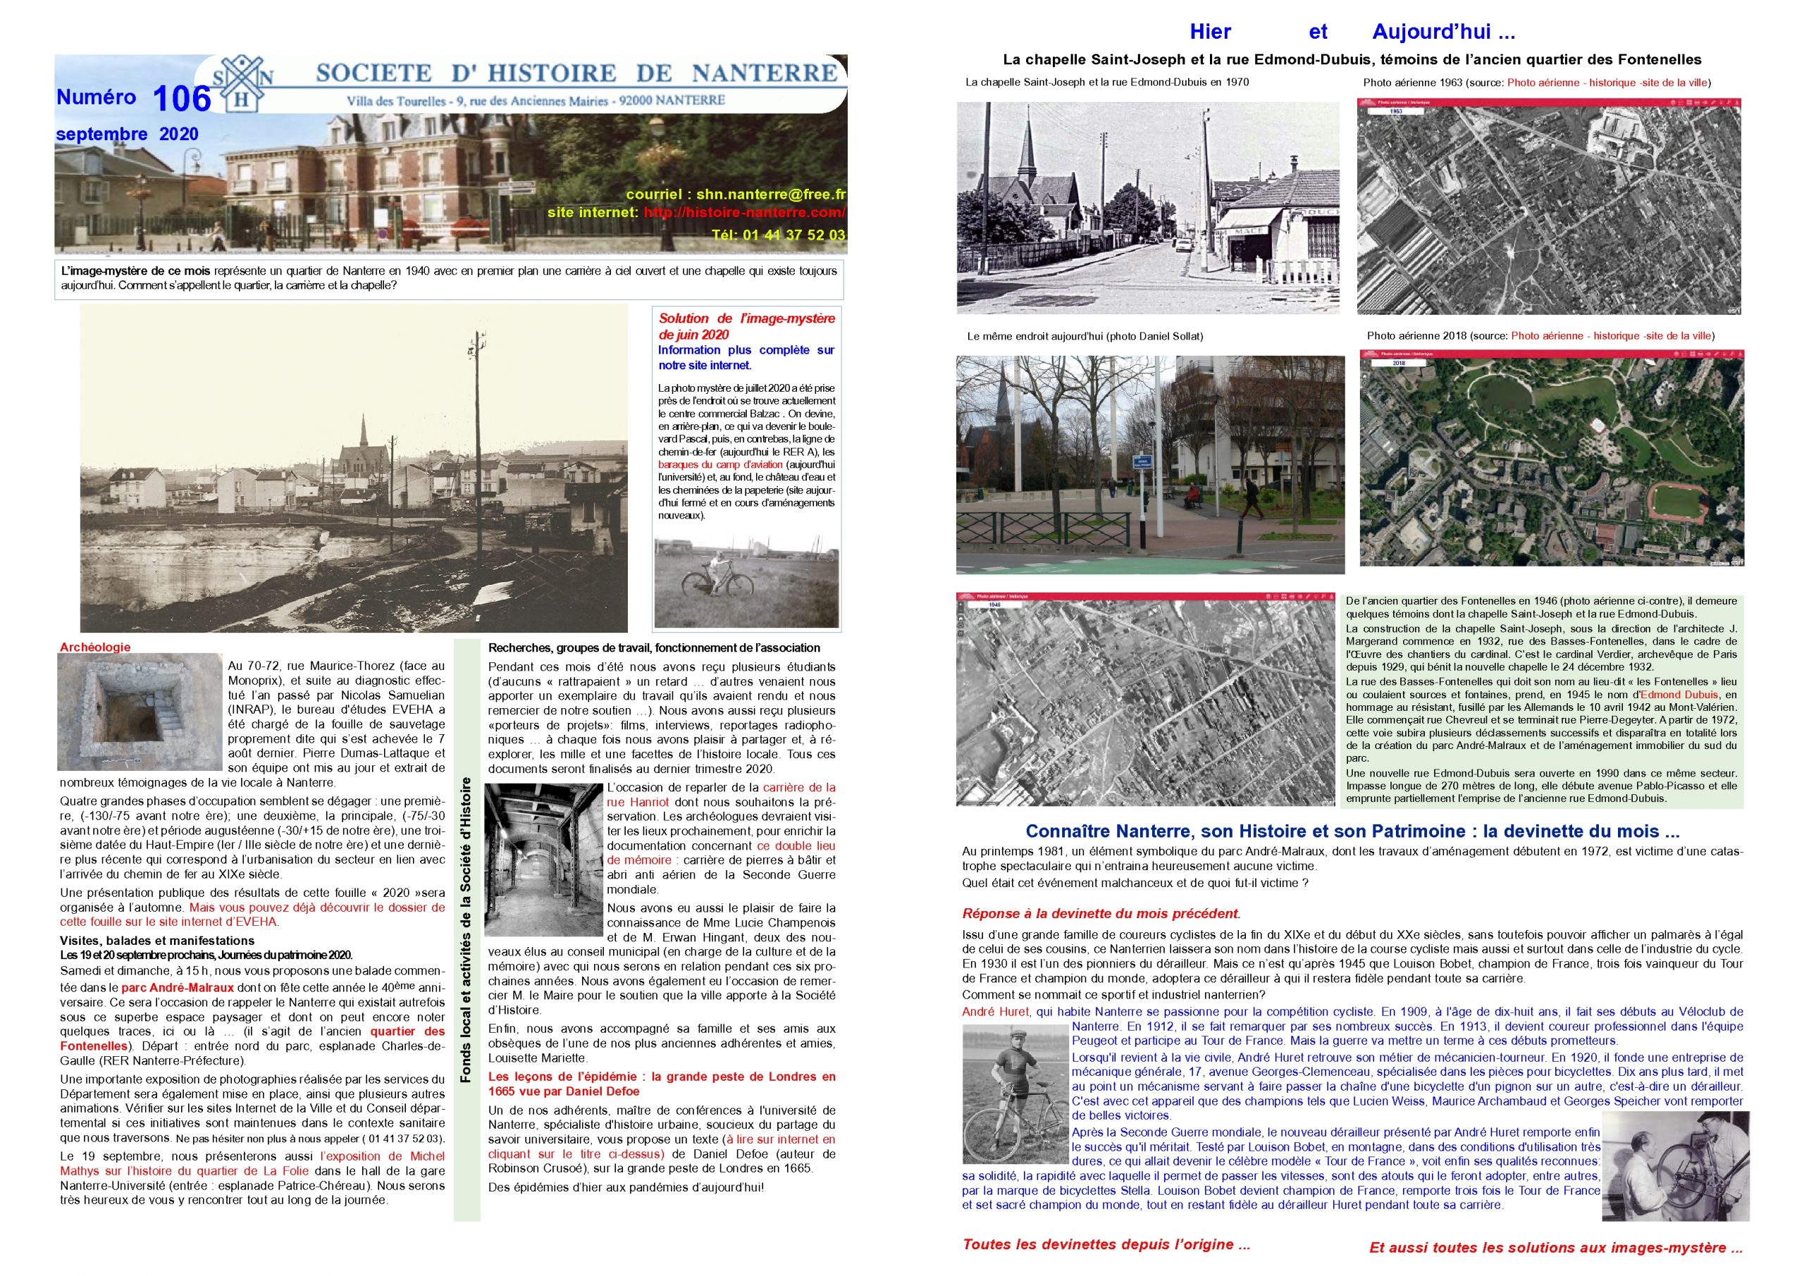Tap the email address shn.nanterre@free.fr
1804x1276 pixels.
click(x=736, y=194)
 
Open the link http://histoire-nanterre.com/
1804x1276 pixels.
click(x=744, y=213)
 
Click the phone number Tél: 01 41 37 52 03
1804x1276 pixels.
click(x=778, y=235)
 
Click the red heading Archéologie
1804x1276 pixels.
click(x=95, y=648)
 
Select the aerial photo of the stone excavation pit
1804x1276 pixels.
click(x=140, y=712)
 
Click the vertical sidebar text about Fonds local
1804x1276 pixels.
click(x=467, y=929)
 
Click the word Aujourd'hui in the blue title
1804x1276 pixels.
click(x=1442, y=32)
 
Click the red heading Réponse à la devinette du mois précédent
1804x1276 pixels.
click(x=1101, y=914)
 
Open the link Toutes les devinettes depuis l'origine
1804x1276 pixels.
click(x=1106, y=1244)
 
